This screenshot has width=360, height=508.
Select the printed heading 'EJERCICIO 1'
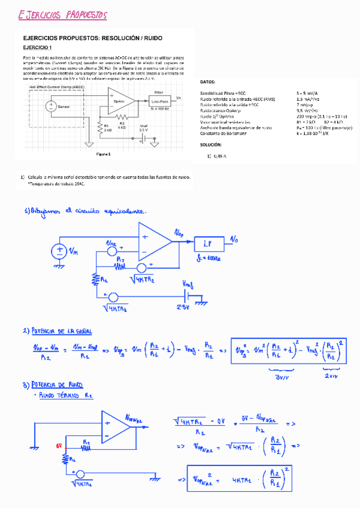[x=38, y=47]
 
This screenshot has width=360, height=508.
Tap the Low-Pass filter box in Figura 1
[x=159, y=102]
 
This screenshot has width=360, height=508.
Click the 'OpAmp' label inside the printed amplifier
[x=119, y=102]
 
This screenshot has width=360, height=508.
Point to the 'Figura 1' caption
[x=104, y=153]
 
